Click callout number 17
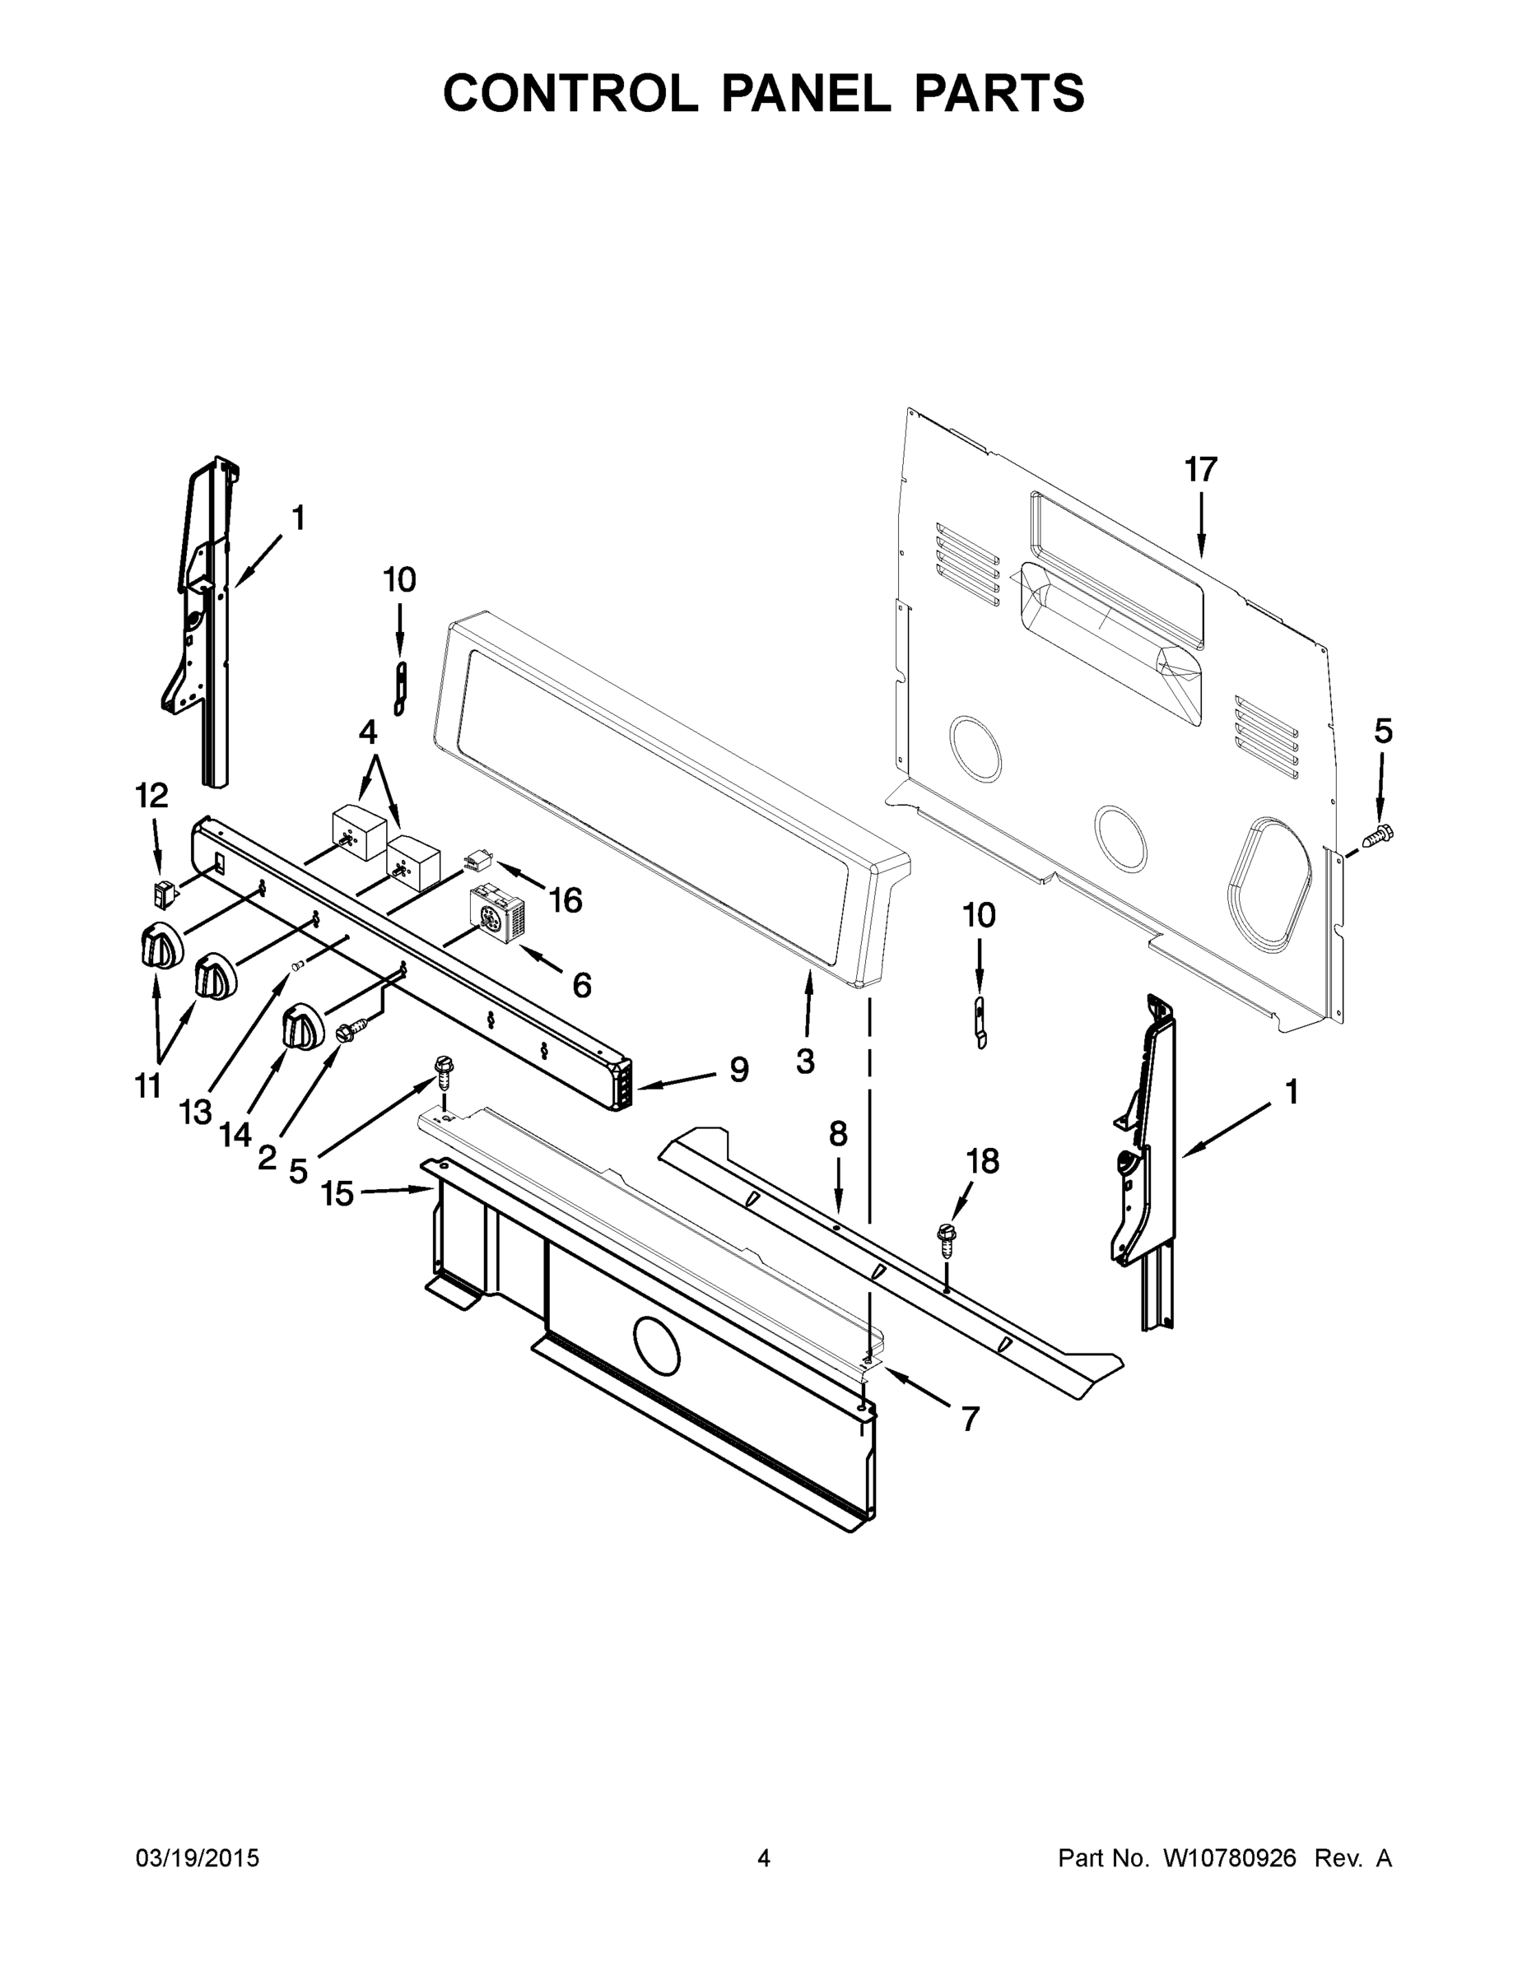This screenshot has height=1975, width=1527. [1200, 470]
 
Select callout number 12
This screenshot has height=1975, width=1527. [151, 796]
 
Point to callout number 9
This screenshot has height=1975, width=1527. [739, 1070]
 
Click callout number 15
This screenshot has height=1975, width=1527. [337, 1194]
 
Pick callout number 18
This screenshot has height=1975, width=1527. [984, 1161]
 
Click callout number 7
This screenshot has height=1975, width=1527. [970, 1420]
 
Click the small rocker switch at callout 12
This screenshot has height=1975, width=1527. [164, 894]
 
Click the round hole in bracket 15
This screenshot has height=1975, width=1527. [656, 1369]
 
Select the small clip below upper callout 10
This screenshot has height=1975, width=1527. [400, 688]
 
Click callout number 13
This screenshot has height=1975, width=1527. [194, 1112]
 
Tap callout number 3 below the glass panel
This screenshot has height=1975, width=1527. [804, 1061]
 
